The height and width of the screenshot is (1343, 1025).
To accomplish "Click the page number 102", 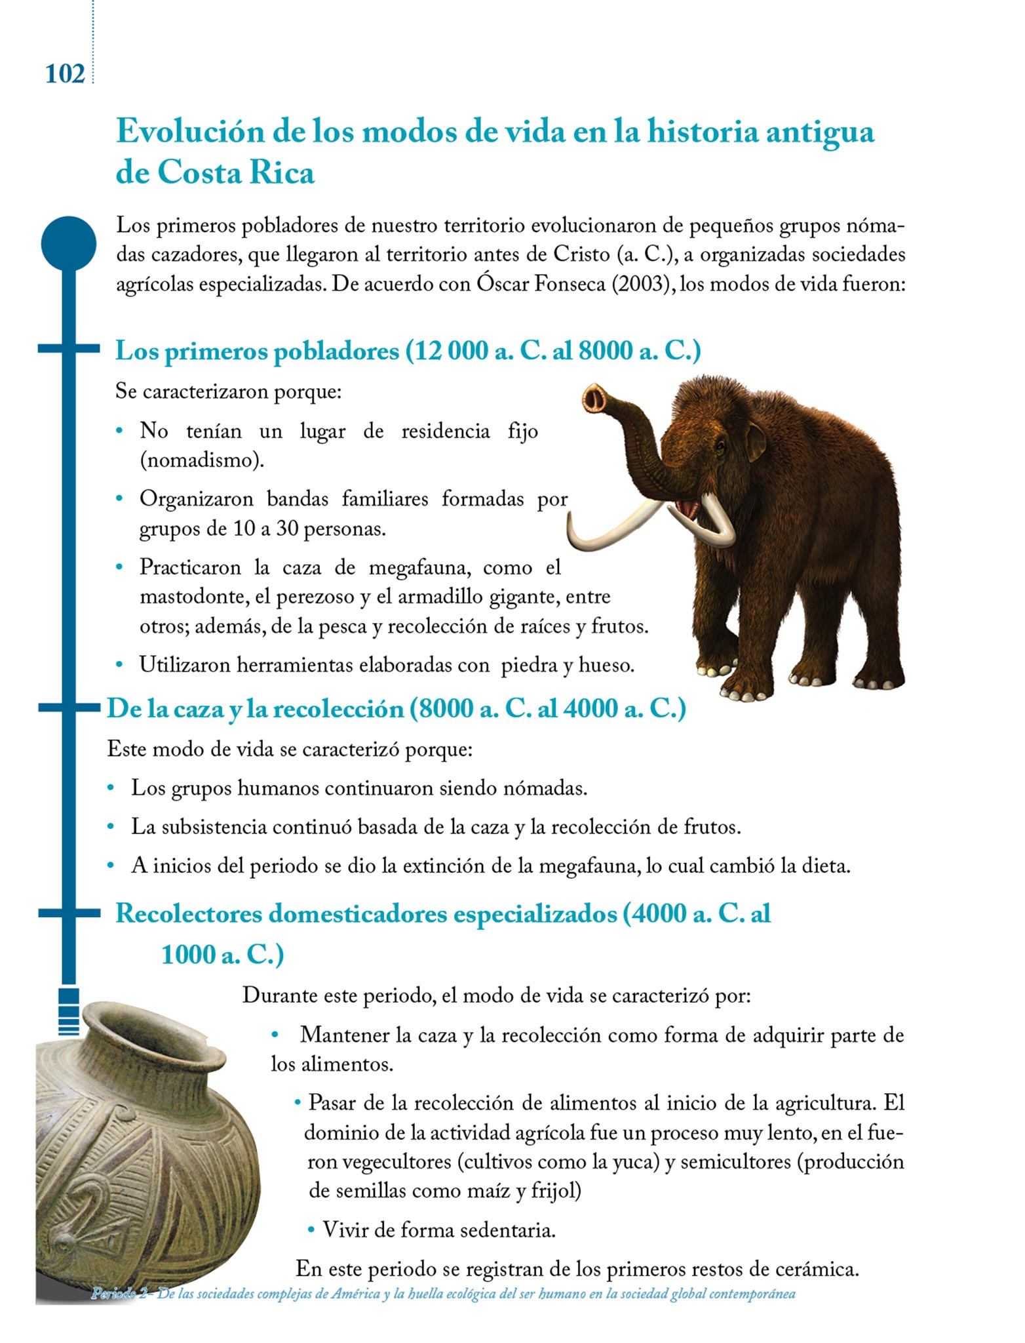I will click(x=65, y=73).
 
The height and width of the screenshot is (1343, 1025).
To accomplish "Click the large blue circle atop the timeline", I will click(x=68, y=243).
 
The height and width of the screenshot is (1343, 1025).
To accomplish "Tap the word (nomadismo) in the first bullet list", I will click(x=202, y=460).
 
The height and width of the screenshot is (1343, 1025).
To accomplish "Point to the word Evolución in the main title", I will click(x=190, y=131).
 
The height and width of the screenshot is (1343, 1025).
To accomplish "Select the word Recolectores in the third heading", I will click(x=188, y=913).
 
